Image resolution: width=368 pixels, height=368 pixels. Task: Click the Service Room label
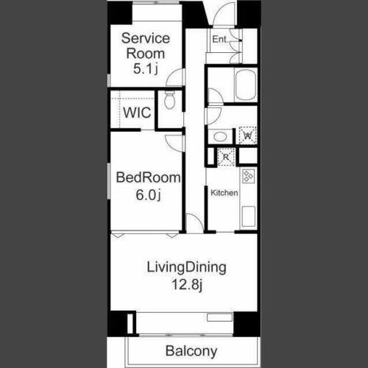(146, 46)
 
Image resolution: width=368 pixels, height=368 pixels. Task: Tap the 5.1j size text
(146, 68)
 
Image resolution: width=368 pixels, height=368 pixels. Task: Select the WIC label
(137, 113)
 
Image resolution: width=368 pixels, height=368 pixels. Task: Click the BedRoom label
(148, 177)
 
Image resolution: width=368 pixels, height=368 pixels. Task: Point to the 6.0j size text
(149, 195)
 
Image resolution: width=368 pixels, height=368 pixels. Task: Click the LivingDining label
(186, 268)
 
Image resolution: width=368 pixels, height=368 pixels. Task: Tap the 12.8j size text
(187, 285)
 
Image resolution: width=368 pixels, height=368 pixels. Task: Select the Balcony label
(191, 351)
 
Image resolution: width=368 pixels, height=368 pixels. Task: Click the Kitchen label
(224, 193)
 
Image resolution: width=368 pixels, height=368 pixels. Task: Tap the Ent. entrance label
(220, 39)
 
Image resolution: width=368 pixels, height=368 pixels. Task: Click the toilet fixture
(169, 100)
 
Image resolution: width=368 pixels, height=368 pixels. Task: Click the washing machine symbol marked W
(248, 135)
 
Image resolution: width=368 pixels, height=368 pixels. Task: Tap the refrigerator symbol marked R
(226, 157)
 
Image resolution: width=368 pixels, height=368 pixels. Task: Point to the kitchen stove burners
(248, 176)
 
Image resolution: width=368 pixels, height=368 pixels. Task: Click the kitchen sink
(249, 216)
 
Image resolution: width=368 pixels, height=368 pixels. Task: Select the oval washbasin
(220, 137)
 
